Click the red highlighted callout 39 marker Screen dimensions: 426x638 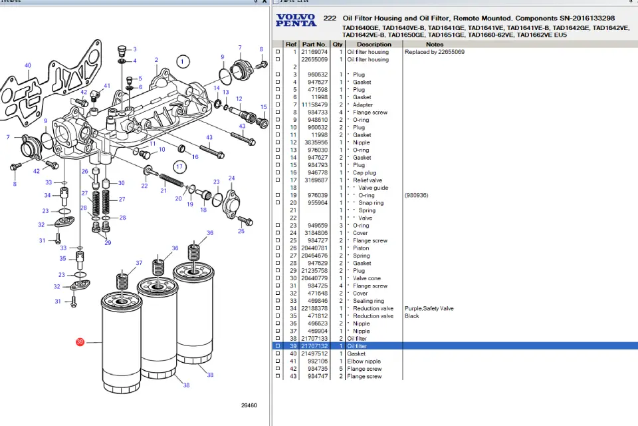pyautogui.click(x=80, y=342)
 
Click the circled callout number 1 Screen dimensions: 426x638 pyautogui.click(x=183, y=62)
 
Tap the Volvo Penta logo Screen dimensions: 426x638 pyautogui.click(x=296, y=20)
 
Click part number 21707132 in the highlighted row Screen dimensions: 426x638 pyautogui.click(x=314, y=346)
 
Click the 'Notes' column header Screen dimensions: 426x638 pyautogui.click(x=435, y=45)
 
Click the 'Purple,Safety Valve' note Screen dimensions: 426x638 pyautogui.click(x=429, y=308)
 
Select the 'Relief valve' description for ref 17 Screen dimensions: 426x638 pyautogui.click(x=367, y=180)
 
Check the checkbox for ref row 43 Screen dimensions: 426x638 pyautogui.click(x=278, y=377)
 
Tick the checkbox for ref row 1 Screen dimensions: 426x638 pyautogui.click(x=278, y=52)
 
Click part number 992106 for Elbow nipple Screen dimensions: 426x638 pyautogui.click(x=316, y=361)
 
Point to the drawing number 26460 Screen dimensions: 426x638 pyautogui.click(x=249, y=405)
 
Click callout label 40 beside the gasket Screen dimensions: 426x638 pyautogui.click(x=27, y=66)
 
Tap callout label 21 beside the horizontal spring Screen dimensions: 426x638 pyautogui.click(x=163, y=191)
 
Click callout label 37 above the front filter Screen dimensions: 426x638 pyautogui.click(x=139, y=263)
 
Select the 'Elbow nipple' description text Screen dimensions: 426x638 pyautogui.click(x=364, y=361)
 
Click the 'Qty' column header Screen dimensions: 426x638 pyautogui.click(x=338, y=45)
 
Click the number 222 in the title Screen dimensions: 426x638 pyautogui.click(x=329, y=18)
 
